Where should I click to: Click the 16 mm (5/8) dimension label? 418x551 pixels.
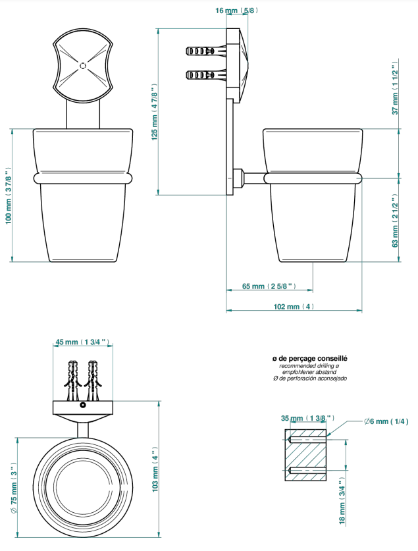point(237,11)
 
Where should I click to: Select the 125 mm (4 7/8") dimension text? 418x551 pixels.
point(155,112)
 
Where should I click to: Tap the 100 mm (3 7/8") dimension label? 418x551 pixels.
point(9,196)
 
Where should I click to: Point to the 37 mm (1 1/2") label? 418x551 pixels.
point(395,88)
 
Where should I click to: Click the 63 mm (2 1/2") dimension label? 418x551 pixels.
point(395,220)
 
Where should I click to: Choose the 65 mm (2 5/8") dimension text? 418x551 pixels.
point(269,286)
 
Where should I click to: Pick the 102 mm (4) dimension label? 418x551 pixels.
point(294,306)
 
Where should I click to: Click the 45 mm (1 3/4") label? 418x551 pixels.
point(83,342)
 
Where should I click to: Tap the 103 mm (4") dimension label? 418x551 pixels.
point(155,469)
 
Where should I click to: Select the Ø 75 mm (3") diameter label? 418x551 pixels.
point(13,488)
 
